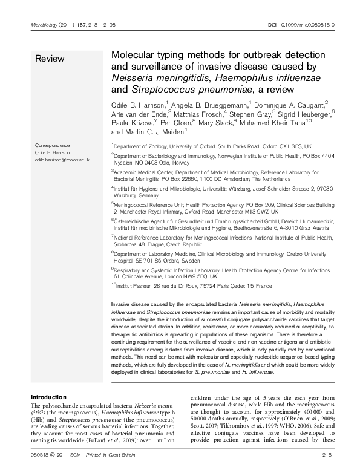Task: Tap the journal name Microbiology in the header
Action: [x=44, y=24]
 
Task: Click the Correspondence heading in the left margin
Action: [x=52, y=146]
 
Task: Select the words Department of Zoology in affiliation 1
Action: [x=137, y=147]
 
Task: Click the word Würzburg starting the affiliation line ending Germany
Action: [x=124, y=195]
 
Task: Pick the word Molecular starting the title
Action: [x=134, y=55]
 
